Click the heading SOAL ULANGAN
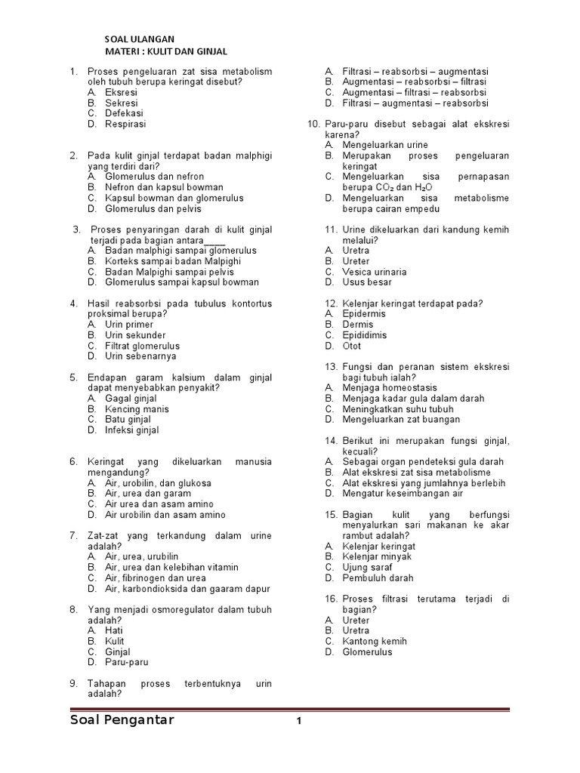coord(139,39)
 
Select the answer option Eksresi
coord(121,92)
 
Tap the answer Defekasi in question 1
coord(124,113)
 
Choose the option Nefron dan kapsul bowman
coord(164,187)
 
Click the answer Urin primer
coord(128,325)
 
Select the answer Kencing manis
coord(137,409)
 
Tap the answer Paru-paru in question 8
coord(127,663)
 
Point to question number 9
coord(74,684)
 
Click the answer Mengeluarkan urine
coord(385,145)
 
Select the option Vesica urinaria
coord(375,272)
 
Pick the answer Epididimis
coord(364,335)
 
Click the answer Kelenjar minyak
coord(377,557)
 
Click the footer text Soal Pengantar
coord(122,720)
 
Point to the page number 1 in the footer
coord(299,722)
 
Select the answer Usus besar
coord(367,282)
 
